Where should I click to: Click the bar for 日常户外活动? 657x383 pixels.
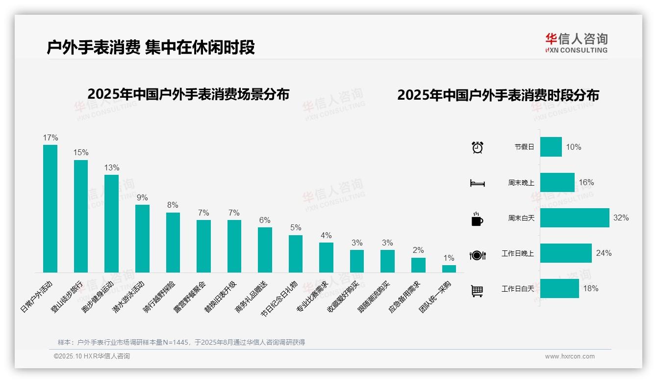tap(50, 209)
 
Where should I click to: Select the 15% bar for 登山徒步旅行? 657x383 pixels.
tap(81, 216)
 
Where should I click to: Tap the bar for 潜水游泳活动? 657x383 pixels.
tap(142, 239)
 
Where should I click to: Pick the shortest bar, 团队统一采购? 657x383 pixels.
tap(449, 269)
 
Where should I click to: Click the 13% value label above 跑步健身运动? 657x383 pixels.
tap(111, 168)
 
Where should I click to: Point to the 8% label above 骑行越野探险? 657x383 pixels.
tap(173, 205)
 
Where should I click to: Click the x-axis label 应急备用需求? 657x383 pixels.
tap(404, 298)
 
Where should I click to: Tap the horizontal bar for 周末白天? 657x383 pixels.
tap(575, 218)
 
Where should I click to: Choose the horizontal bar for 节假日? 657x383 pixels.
tap(551, 147)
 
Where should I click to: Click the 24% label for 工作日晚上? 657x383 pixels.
tap(604, 253)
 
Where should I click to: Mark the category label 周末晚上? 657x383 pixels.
tap(521, 183)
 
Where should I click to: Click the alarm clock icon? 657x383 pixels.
tap(477, 147)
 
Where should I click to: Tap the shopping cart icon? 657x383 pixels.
tap(477, 291)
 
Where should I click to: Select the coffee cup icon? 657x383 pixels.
tap(477, 219)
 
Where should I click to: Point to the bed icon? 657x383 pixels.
tap(477, 183)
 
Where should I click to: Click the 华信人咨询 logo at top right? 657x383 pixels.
tap(576, 43)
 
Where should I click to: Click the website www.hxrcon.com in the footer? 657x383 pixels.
tap(570, 356)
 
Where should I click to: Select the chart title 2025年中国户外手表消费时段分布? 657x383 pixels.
tap(498, 95)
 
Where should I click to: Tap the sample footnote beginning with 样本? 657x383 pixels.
tap(181, 342)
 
